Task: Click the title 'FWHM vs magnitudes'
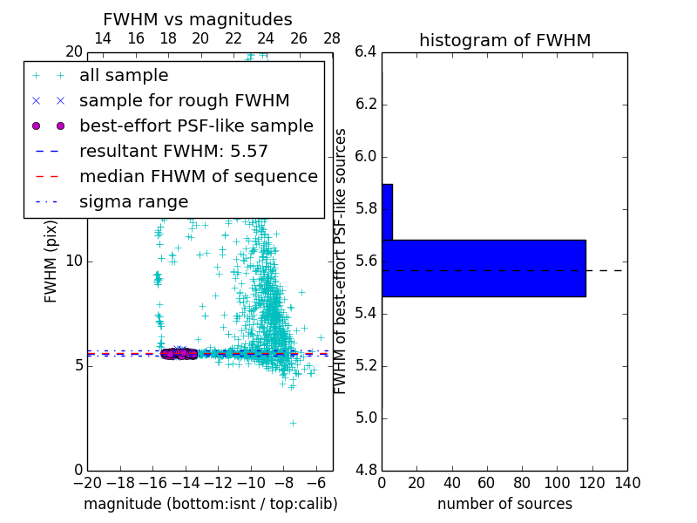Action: (x=197, y=19)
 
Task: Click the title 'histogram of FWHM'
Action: (x=504, y=40)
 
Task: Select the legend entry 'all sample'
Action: (x=124, y=76)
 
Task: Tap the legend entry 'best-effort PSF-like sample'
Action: (x=196, y=126)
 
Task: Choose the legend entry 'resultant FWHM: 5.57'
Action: (x=173, y=152)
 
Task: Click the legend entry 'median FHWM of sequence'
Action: (x=198, y=177)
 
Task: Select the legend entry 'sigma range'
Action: (x=133, y=202)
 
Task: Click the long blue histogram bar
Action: (x=484, y=268)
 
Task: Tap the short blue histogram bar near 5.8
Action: (x=387, y=212)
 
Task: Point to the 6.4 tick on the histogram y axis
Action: (x=365, y=52)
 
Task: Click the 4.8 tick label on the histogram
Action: (x=365, y=471)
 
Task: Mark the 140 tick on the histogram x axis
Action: (x=627, y=483)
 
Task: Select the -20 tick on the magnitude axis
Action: (x=87, y=483)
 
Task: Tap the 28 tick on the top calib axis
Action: (x=332, y=38)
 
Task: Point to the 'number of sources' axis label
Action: (x=504, y=504)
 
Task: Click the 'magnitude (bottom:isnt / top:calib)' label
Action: (x=210, y=504)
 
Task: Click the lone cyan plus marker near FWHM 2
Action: (x=293, y=423)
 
